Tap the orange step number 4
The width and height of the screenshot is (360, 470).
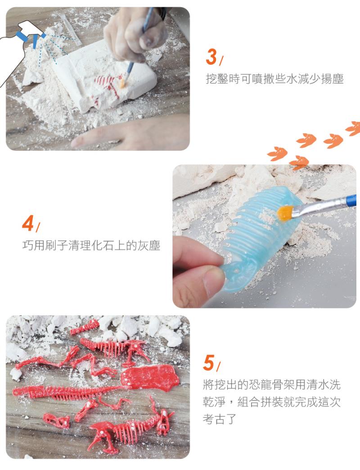[28, 223]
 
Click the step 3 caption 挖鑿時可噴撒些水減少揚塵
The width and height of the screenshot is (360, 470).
[274, 79]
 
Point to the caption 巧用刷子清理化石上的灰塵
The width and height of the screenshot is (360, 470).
[91, 245]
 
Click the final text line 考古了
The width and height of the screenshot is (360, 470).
[220, 419]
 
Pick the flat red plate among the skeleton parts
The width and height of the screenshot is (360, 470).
[150, 377]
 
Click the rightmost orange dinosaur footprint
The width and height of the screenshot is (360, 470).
[353, 128]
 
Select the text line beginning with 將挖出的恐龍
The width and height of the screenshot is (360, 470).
[272, 384]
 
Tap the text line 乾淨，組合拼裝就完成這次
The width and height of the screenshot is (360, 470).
[272, 402]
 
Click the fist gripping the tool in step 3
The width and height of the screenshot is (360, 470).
[135, 33]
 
